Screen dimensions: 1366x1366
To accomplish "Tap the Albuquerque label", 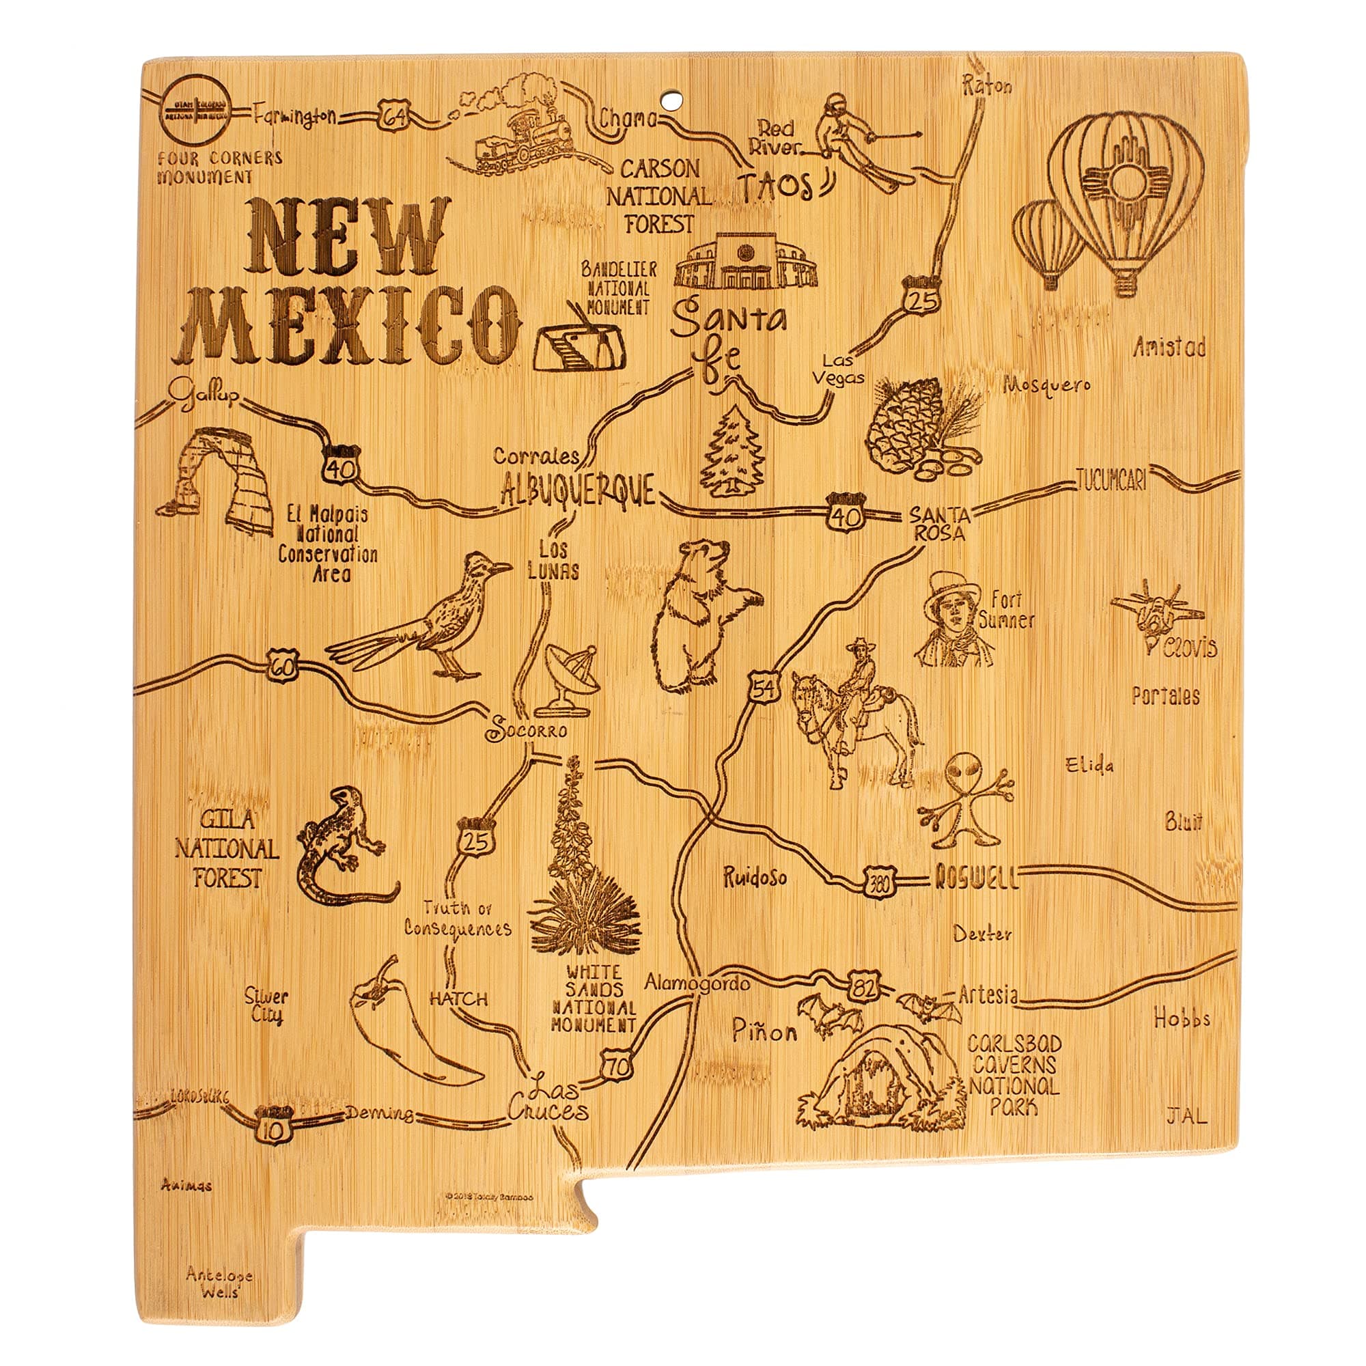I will (578, 490).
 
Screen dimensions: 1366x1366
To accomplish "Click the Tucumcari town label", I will (1111, 481).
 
